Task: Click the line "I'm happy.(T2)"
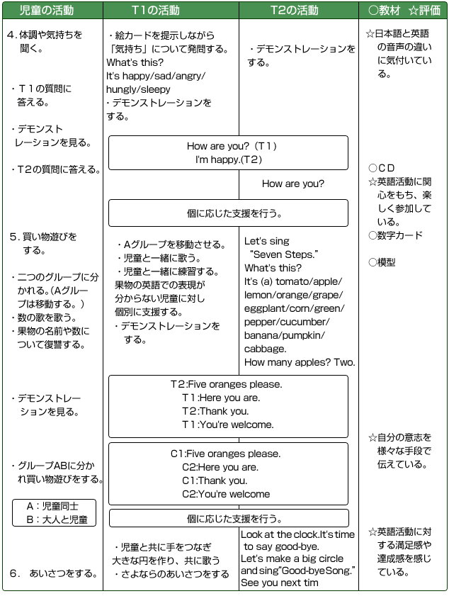(229, 160)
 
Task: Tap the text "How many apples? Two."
(300, 362)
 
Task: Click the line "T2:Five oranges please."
(227, 384)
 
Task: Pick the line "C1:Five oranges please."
(226, 454)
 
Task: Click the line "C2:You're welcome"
(226, 494)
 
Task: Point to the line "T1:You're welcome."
(227, 425)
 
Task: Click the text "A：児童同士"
(52, 506)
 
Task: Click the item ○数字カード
(396, 235)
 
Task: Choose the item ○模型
(382, 262)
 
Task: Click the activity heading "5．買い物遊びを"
(43, 237)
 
